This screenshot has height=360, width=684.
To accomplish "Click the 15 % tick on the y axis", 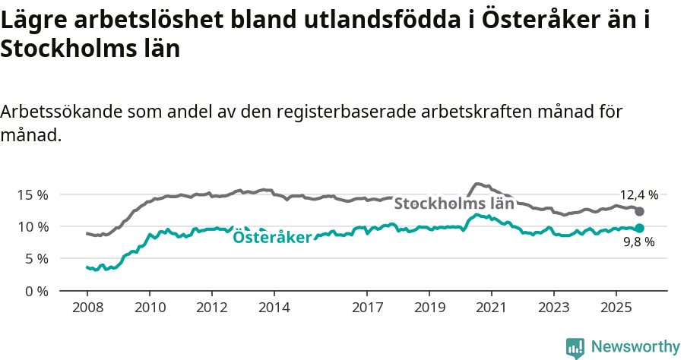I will pyautogui.click(x=32, y=194).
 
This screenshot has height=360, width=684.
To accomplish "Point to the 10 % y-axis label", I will pyautogui.click(x=32, y=226).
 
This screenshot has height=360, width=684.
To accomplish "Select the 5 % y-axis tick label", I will pyautogui.click(x=35, y=259).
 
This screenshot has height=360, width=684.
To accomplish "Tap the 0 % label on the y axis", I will pyautogui.click(x=35, y=291).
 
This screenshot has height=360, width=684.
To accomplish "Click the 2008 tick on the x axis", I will pyautogui.click(x=87, y=308).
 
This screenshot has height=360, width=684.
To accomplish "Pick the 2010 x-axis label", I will pyautogui.click(x=149, y=308).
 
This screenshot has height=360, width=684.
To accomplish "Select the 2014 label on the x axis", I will pyautogui.click(x=274, y=308).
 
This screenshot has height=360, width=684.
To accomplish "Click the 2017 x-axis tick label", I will pyautogui.click(x=367, y=308).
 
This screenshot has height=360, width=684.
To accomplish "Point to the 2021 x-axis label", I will pyautogui.click(x=492, y=308).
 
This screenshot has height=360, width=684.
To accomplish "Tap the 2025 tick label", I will pyautogui.click(x=616, y=308).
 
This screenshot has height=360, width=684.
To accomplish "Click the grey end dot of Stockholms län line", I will pyautogui.click(x=639, y=211).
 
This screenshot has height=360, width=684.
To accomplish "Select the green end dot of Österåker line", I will pyautogui.click(x=639, y=228).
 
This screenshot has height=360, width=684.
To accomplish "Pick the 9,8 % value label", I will pyautogui.click(x=638, y=243).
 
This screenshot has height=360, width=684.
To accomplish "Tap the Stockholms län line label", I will pyautogui.click(x=454, y=204).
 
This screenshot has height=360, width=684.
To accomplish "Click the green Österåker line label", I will pyautogui.click(x=272, y=238).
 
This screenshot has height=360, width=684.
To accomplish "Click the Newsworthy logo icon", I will pyautogui.click(x=575, y=347).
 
